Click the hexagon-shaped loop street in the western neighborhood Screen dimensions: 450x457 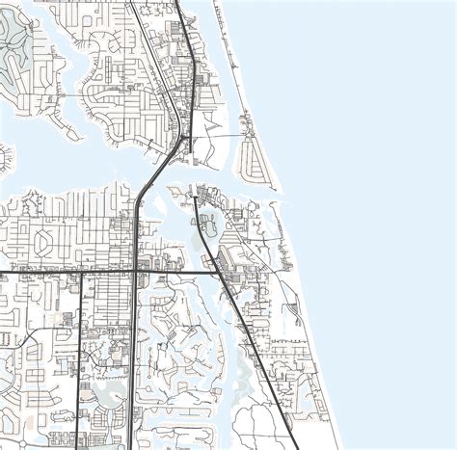48,240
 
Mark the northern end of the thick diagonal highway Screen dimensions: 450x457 195,197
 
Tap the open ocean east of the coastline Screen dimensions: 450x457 386,193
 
